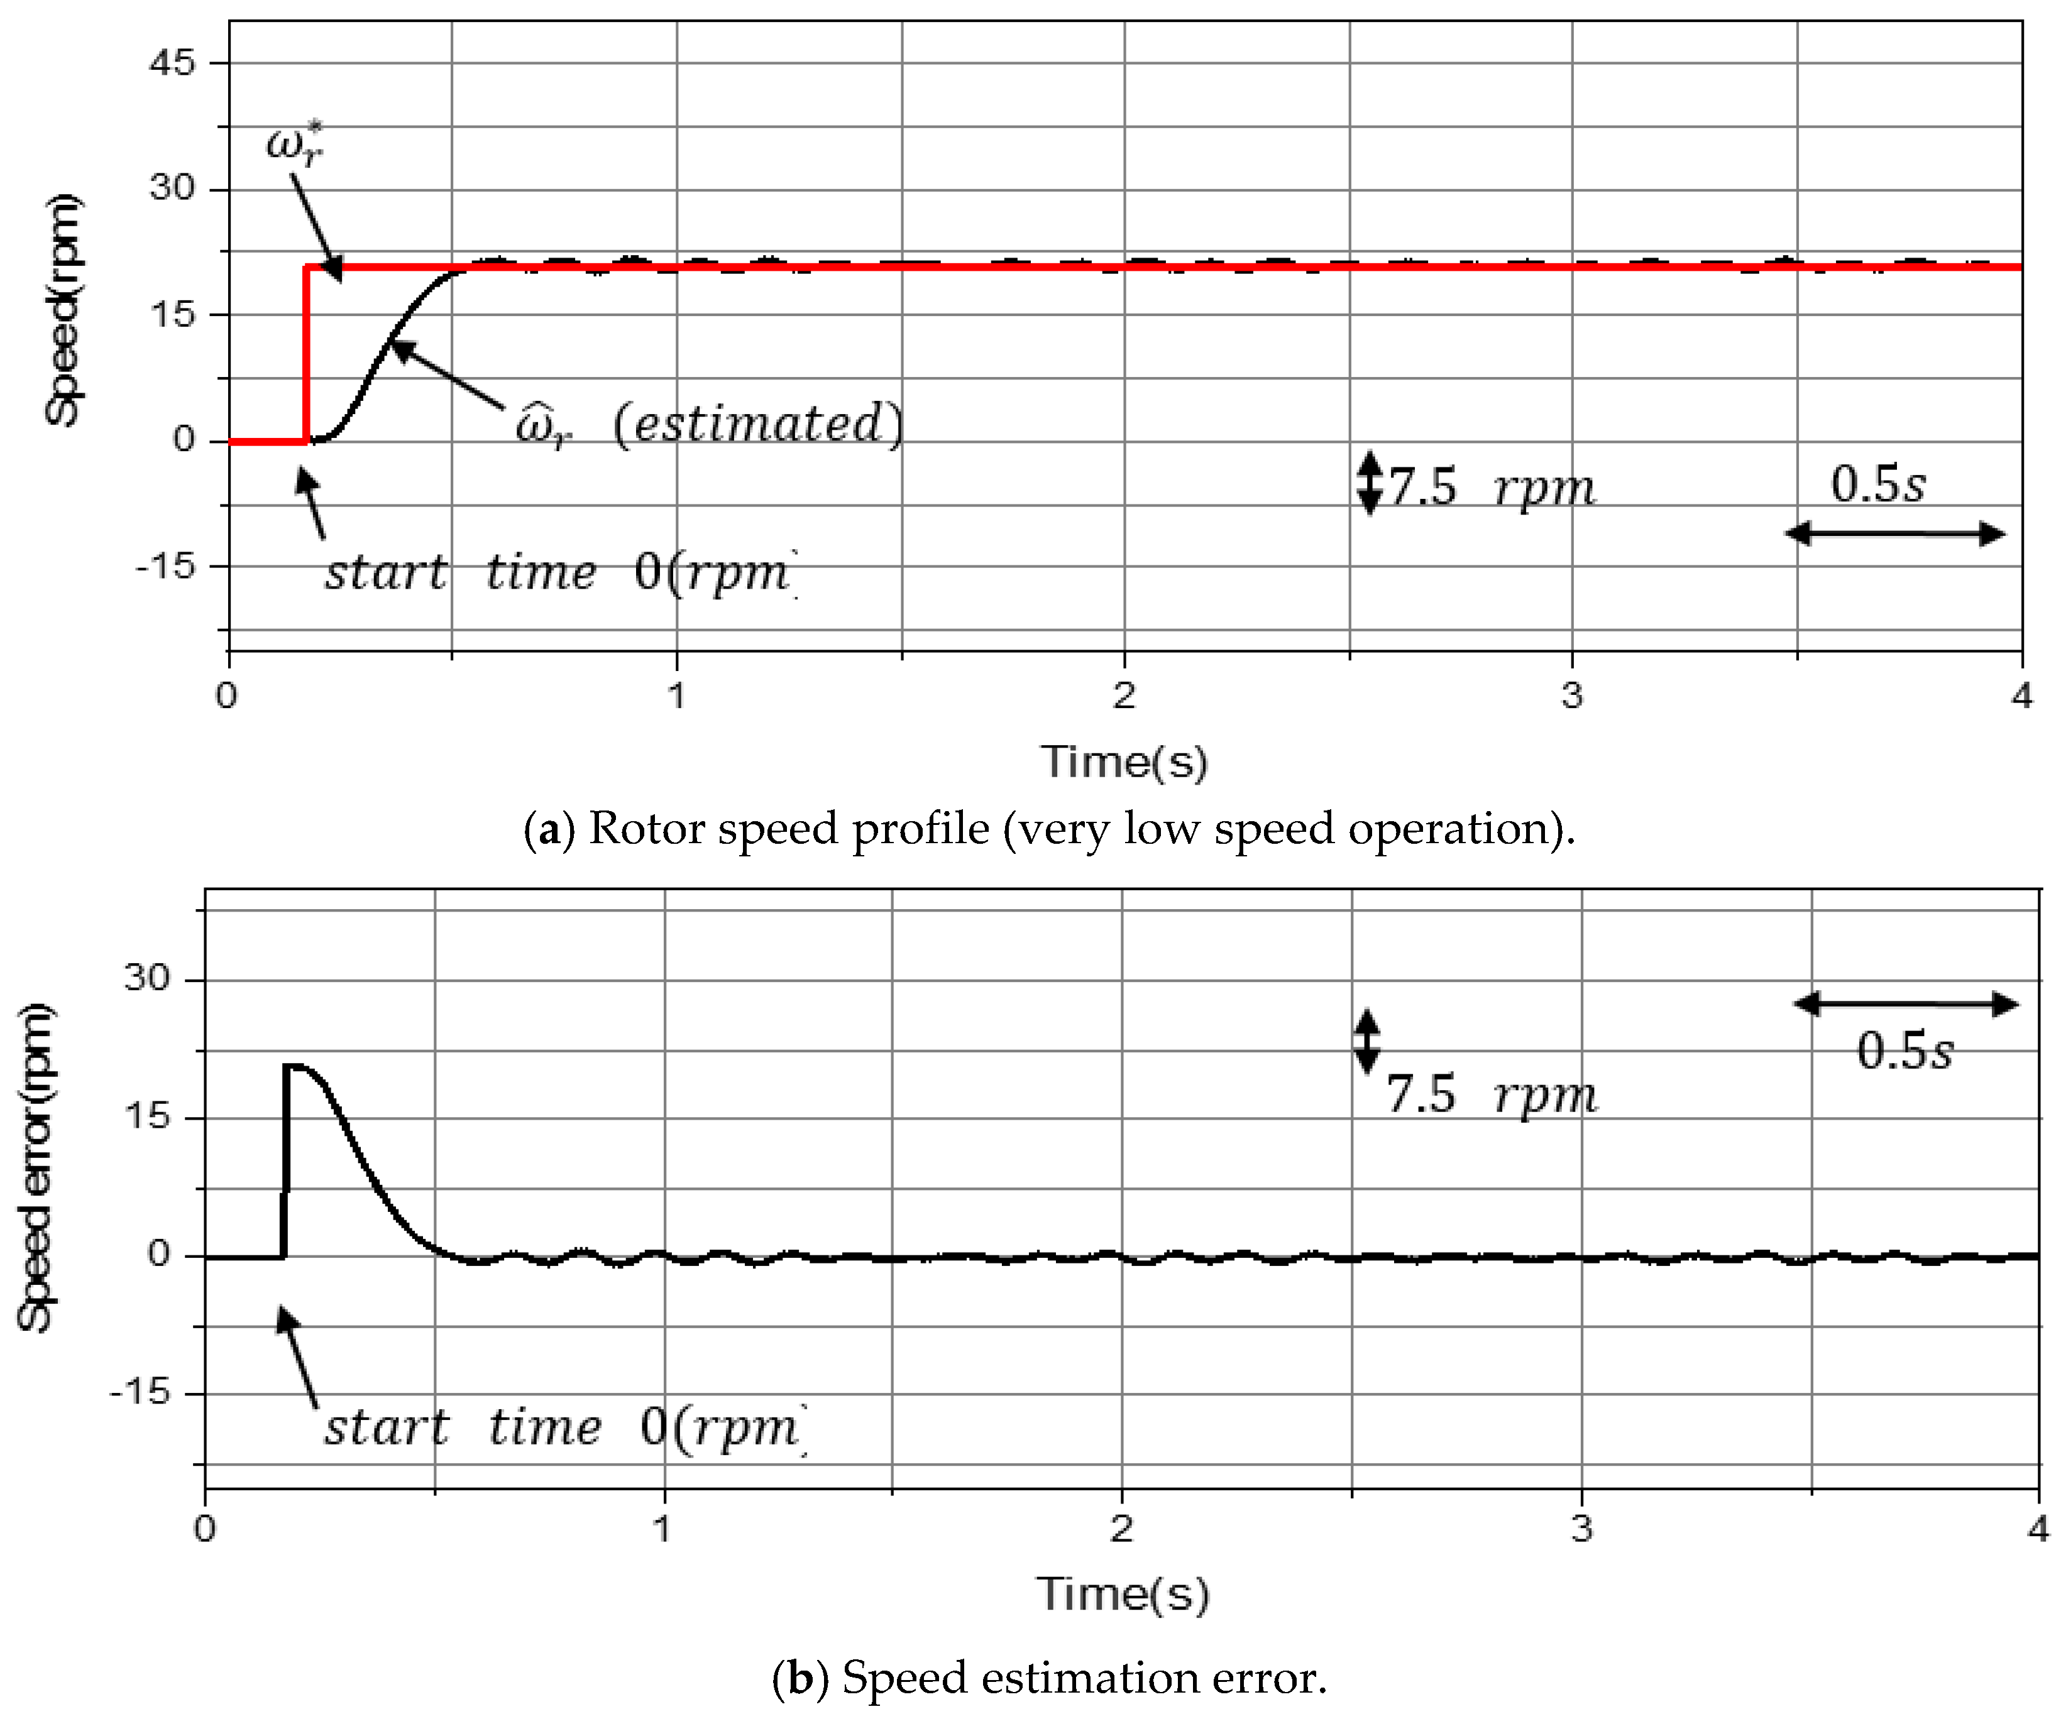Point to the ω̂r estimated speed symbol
(x=542, y=428)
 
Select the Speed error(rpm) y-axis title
(x=36, y=1167)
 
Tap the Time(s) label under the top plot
(x=1124, y=762)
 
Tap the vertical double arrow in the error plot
(x=1366, y=1042)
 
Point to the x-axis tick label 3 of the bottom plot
(x=1581, y=1530)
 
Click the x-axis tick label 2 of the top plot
(x=1124, y=696)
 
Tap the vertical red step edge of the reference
(x=306, y=353)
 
